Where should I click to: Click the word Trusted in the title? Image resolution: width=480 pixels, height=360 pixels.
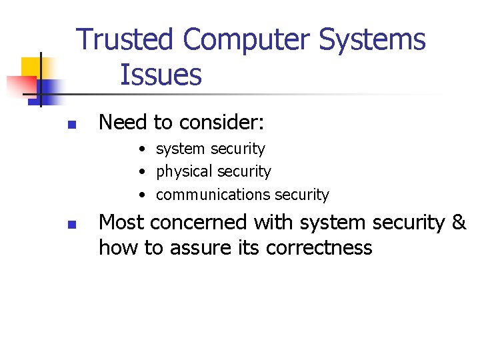pos(125,40)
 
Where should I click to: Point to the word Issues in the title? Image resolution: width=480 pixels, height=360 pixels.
pos(161,75)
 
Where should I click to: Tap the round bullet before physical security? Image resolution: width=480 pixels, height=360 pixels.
pos(143,172)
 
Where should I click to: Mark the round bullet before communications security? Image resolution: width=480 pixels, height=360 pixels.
pos(143,195)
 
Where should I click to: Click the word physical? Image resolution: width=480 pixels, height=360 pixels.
pos(183,172)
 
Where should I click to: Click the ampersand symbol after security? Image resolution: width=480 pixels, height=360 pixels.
pos(458,223)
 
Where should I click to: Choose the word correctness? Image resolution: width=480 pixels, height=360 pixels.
pos(319,248)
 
